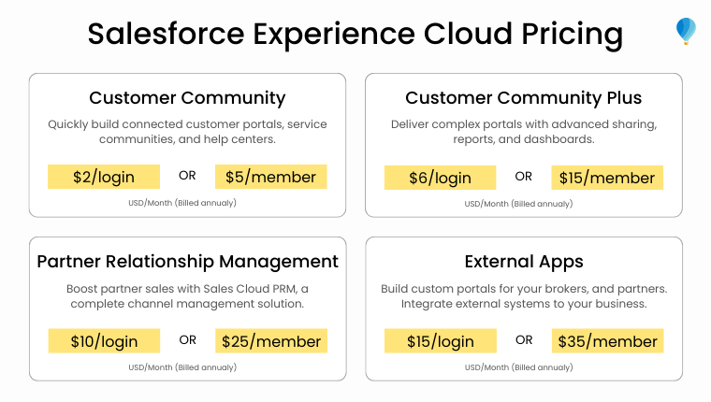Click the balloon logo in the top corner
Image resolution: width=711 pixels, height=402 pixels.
[686, 31]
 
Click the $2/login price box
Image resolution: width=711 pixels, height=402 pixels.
[104, 177]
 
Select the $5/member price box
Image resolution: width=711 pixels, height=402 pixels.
[271, 177]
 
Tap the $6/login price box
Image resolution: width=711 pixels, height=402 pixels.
[440, 178]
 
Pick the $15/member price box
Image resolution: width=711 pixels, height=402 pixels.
[607, 178]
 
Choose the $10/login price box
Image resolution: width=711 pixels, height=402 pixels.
[104, 341]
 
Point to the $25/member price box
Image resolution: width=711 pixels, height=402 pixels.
[271, 341]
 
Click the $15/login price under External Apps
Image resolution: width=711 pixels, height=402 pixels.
[440, 341]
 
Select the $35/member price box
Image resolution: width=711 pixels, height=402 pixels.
[607, 341]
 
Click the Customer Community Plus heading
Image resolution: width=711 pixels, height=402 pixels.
[523, 98]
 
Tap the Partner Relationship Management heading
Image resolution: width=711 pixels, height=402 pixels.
[187, 261]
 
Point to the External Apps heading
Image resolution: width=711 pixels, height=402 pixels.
[523, 261]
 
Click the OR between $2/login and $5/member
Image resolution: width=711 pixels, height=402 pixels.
[187, 176]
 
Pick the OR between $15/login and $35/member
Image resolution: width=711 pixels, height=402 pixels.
[524, 340]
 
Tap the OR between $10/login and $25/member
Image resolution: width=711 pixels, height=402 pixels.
[187, 340]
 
